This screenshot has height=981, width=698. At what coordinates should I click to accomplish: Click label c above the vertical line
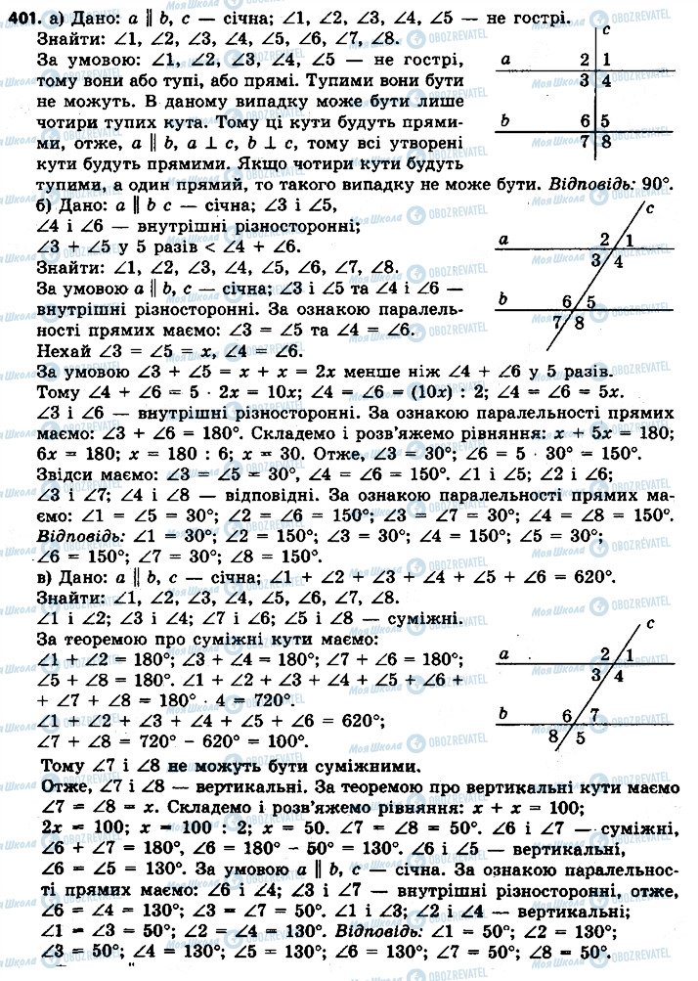click(607, 30)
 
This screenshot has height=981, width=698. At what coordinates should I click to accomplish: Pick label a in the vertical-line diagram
click(506, 60)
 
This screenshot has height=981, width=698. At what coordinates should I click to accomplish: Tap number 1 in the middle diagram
click(628, 240)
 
